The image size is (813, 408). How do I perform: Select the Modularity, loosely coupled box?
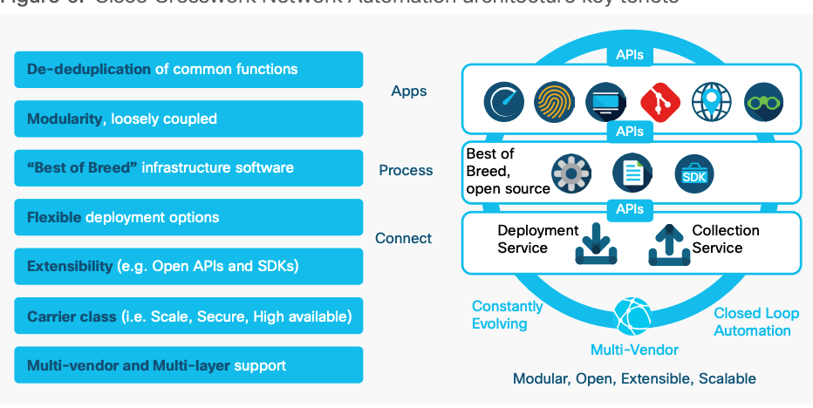click(188, 119)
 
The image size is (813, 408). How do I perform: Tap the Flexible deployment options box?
click(188, 217)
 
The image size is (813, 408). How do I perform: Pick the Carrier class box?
click(188, 316)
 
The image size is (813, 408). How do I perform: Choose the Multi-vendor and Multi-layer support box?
click(188, 365)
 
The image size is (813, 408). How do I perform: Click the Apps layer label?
click(409, 91)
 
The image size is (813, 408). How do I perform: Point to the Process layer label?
click(406, 170)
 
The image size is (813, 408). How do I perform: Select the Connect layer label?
click(403, 238)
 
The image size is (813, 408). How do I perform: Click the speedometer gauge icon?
click(504, 102)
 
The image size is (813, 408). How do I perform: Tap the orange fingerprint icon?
click(554, 102)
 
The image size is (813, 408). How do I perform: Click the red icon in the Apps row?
click(659, 102)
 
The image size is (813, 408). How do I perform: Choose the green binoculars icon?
click(764, 102)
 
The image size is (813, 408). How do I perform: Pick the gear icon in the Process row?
click(571, 173)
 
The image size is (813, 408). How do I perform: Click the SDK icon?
click(695, 174)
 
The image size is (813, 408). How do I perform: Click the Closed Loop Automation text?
click(756, 322)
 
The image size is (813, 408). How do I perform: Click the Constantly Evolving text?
click(507, 315)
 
